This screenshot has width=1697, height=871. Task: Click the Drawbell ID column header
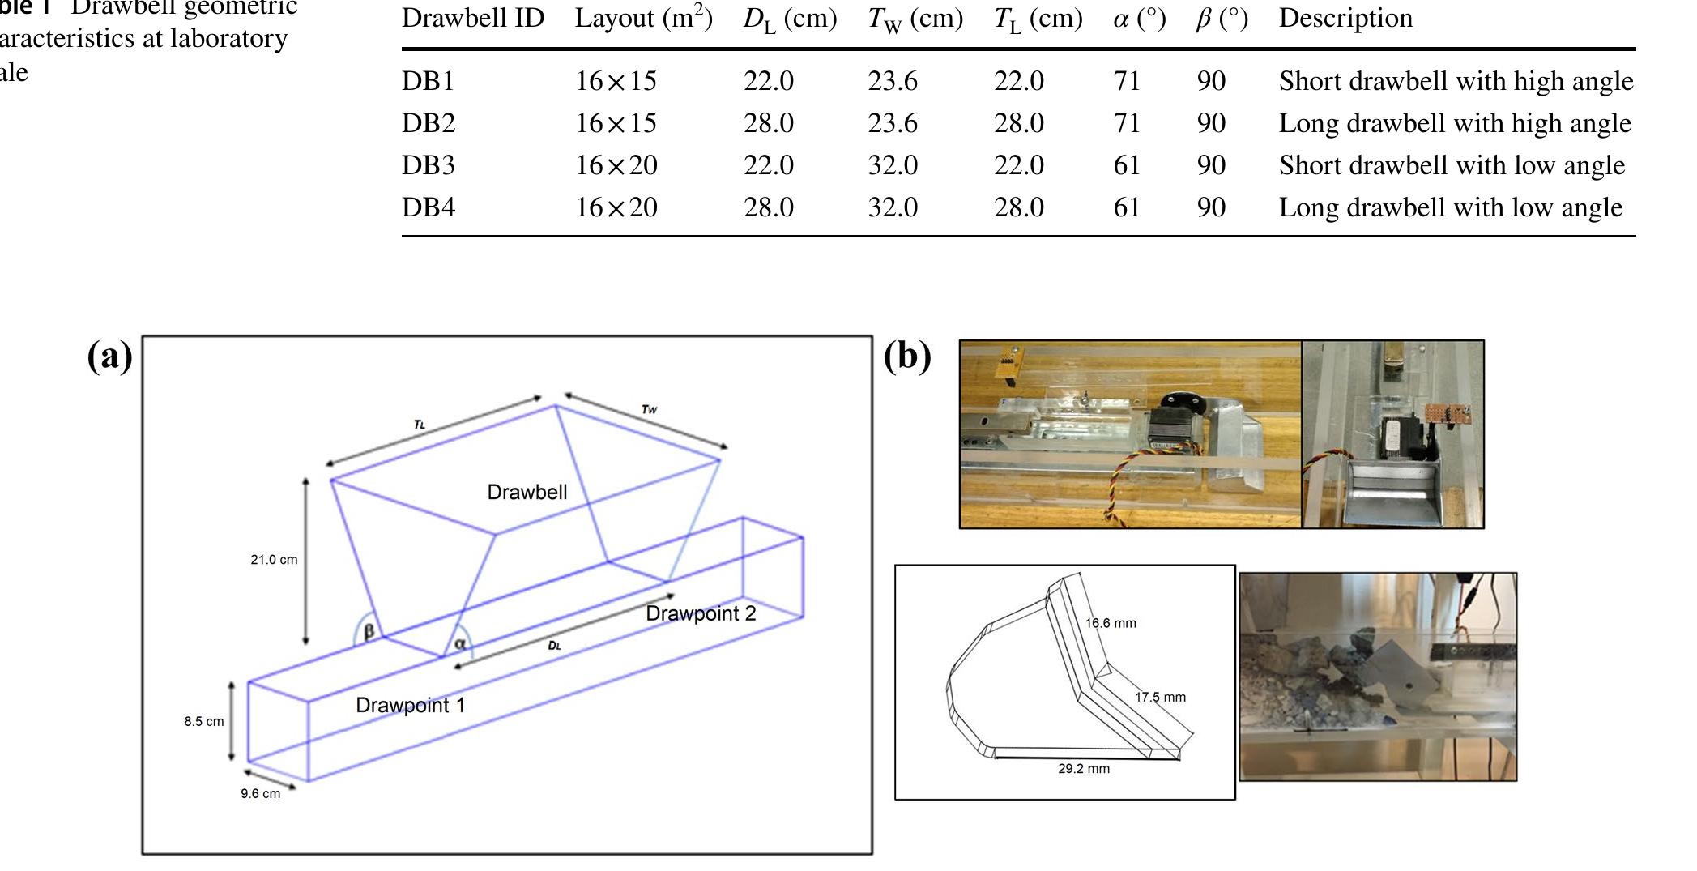[472, 19]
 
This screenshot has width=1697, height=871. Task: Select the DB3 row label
[429, 165]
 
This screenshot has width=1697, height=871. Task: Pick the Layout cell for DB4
[616, 207]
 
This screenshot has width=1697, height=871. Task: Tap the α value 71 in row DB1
[1127, 81]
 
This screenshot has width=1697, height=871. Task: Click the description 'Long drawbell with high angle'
[1454, 123]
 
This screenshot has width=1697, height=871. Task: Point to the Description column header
[1345, 19]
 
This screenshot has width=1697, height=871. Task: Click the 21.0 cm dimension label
[274, 560]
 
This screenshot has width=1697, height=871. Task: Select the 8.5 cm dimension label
[203, 722]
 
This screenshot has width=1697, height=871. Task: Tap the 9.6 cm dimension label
[260, 794]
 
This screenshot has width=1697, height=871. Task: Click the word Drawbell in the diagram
[527, 493]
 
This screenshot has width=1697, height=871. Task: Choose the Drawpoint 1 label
[410, 706]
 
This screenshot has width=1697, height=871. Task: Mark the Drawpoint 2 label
[700, 613]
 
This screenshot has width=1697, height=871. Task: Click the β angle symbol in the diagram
[369, 631]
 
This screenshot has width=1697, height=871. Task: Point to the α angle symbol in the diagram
[460, 644]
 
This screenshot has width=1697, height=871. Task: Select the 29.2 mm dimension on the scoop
[1083, 769]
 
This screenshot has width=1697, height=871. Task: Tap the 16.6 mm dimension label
[1110, 624]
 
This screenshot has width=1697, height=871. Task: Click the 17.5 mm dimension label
[1160, 698]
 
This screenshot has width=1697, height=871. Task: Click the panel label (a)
[109, 356]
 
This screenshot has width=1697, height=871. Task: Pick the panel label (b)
[907, 356]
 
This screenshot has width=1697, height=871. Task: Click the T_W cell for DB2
[893, 123]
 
